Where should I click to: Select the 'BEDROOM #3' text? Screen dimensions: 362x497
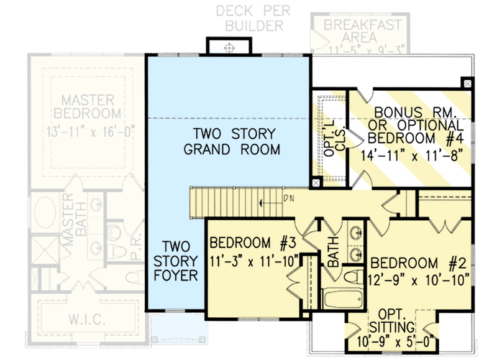(x=248, y=243)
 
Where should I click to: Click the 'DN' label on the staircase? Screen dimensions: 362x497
(x=288, y=198)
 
